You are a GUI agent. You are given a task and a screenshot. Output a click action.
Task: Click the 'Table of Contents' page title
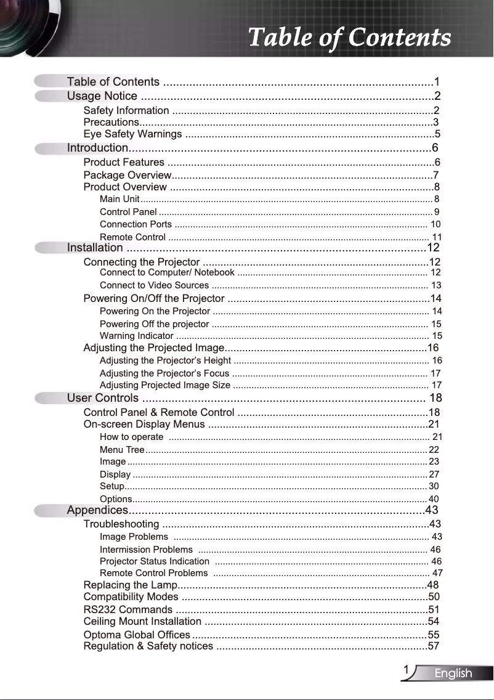tap(349, 38)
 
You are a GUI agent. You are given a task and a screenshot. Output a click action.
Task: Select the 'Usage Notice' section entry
tap(102, 96)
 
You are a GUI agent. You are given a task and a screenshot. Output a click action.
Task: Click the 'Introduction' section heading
tap(97, 148)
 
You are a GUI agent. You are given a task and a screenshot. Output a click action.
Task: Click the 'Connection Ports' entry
tap(136, 224)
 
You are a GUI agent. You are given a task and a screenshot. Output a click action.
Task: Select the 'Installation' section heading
tap(95, 248)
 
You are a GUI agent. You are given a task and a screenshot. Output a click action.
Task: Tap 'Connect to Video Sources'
tap(154, 285)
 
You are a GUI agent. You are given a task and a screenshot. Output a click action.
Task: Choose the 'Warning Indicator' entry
tap(136, 336)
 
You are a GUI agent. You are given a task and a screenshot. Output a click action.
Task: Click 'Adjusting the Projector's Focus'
tap(164, 373)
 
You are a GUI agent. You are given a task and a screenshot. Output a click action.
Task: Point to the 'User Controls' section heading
tap(103, 398)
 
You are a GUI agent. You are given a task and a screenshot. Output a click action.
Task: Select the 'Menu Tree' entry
tap(122, 450)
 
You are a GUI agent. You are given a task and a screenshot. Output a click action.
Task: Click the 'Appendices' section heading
tap(97, 510)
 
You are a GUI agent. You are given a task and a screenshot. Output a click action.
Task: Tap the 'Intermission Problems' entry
tap(146, 549)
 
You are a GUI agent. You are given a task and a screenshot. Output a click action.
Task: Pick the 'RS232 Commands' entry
tap(128, 609)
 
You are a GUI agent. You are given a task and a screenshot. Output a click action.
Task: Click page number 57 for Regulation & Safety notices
tap(434, 646)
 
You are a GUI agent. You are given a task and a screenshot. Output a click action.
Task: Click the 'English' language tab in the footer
tap(453, 674)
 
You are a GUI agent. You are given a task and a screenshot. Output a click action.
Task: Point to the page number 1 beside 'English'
tap(407, 670)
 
